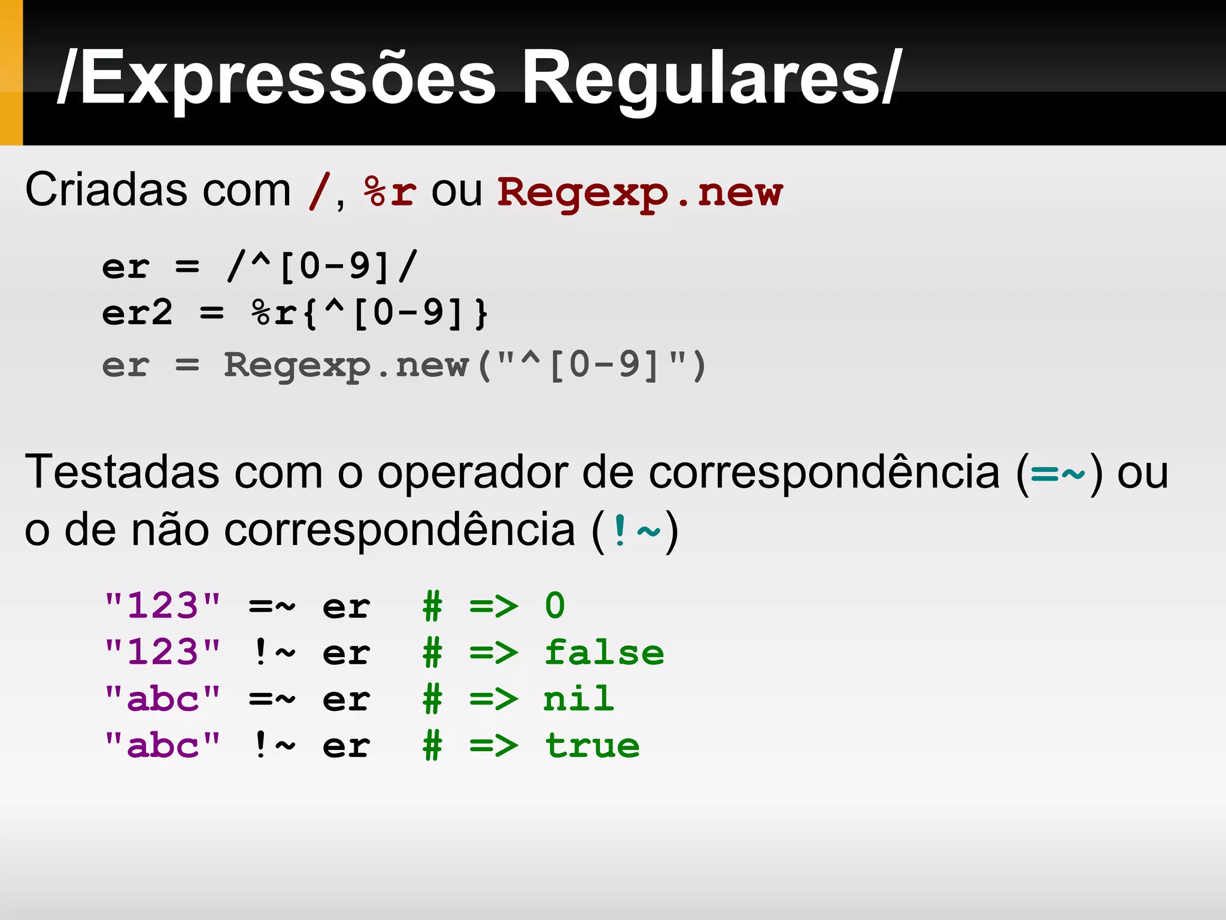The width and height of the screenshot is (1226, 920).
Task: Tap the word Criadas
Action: pos(157,190)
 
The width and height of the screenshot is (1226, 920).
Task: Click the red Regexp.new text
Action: pos(640,193)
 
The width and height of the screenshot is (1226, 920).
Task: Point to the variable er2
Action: pos(137,313)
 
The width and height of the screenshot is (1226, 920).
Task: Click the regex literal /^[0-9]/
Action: pos(322,266)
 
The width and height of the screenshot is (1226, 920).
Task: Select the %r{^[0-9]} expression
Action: pos(370,313)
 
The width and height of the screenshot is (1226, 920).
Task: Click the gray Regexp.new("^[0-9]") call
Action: pos(465,365)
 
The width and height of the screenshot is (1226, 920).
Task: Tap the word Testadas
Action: pos(122,472)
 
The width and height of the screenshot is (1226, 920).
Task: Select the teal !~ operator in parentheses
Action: pos(635,531)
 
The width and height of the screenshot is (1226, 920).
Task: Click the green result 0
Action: pos(555,606)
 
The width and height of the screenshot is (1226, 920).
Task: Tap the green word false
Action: pos(604,652)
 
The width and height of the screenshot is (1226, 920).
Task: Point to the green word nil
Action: pos(579,699)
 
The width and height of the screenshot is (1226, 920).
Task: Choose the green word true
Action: pos(592,746)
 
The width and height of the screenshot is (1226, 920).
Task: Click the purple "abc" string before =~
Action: pos(162,699)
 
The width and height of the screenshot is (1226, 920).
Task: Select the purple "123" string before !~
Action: pos(162,652)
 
